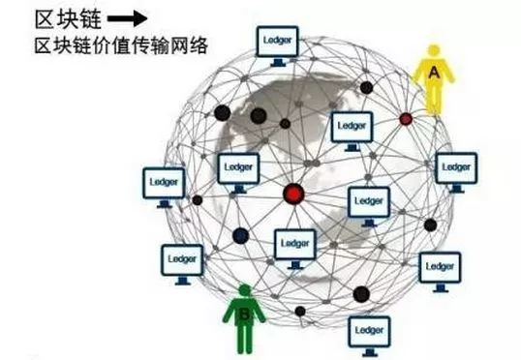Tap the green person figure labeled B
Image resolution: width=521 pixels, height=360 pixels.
(245, 318)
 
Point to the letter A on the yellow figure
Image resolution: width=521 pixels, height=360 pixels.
(433, 71)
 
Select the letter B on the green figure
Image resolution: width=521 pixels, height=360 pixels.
(245, 314)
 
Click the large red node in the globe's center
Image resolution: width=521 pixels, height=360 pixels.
(292, 195)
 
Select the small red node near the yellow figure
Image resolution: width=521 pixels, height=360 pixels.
(406, 119)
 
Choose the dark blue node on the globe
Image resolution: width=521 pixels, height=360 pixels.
(240, 234)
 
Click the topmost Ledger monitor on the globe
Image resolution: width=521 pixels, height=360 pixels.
(278, 43)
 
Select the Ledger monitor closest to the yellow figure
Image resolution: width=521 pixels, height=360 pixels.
(455, 168)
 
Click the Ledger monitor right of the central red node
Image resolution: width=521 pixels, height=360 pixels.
(368, 202)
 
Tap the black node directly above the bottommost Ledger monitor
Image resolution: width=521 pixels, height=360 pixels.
(362, 294)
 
